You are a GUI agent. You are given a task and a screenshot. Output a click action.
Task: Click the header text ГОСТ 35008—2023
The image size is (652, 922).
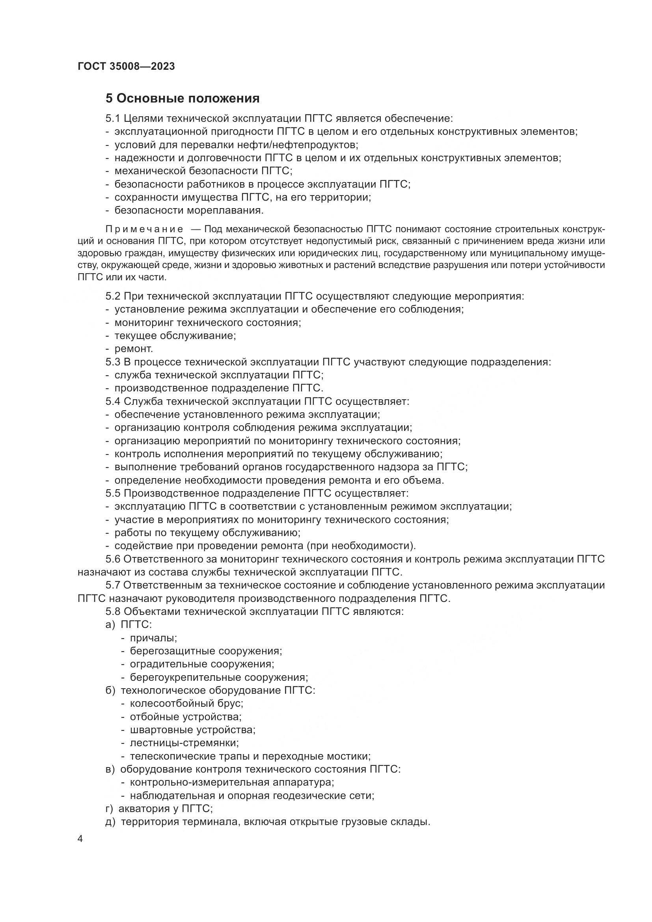pyautogui.click(x=126, y=67)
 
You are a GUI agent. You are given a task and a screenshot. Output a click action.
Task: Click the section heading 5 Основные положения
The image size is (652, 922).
pyautogui.click(x=183, y=99)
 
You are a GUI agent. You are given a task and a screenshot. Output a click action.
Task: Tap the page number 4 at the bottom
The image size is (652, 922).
pyautogui.click(x=80, y=839)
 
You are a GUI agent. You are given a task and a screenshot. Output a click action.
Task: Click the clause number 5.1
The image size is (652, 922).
pyautogui.click(x=113, y=119)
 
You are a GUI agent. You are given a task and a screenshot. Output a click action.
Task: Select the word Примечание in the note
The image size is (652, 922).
pyautogui.click(x=145, y=229)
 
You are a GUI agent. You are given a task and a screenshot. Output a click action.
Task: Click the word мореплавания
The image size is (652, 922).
pyautogui.click(x=229, y=210)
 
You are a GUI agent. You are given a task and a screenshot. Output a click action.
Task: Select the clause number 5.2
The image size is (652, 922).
pyautogui.click(x=113, y=296)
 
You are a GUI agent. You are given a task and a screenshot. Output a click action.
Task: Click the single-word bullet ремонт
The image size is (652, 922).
pyautogui.click(x=134, y=349)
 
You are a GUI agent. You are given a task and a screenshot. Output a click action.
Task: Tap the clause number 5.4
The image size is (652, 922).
pyautogui.click(x=113, y=402)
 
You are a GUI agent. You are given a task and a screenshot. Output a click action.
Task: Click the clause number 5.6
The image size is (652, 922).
pyautogui.click(x=113, y=559)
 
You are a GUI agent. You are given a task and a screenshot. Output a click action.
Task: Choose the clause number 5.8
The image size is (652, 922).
pyautogui.click(x=113, y=612)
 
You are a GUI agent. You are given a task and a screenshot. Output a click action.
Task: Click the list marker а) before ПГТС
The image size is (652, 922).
pyautogui.click(x=110, y=625)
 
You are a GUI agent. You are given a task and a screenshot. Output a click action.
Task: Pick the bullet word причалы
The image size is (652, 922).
pyautogui.click(x=153, y=638)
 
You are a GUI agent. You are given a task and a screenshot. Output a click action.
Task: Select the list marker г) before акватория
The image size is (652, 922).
pyautogui.click(x=109, y=809)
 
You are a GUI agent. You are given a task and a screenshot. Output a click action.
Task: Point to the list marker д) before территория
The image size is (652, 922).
pyautogui.click(x=110, y=822)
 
